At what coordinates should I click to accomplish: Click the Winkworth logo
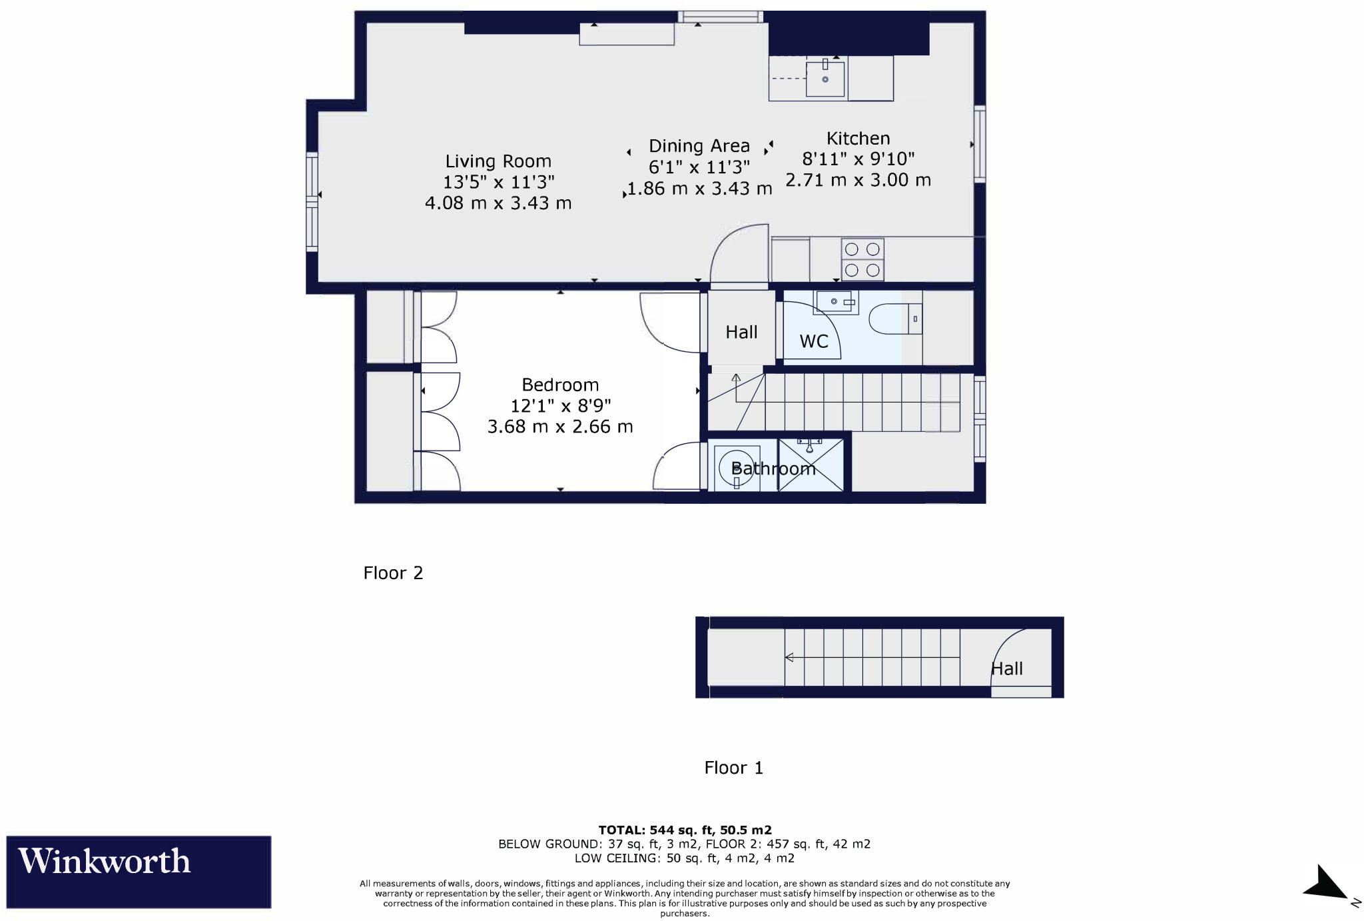pyautogui.click(x=138, y=872)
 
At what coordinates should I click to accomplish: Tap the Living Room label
pyautogui.click(x=498, y=161)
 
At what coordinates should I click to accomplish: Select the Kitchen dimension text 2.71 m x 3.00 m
pyautogui.click(x=858, y=180)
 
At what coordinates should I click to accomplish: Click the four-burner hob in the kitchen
pyautogui.click(x=862, y=259)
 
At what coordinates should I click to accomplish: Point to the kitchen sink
pyautogui.click(x=825, y=79)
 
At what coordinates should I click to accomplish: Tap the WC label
pyautogui.click(x=814, y=341)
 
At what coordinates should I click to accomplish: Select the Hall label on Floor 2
pyautogui.click(x=741, y=332)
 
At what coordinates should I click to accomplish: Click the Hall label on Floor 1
pyautogui.click(x=1006, y=668)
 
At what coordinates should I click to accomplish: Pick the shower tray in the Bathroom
pyautogui.click(x=811, y=465)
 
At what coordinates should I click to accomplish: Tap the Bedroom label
pyautogui.click(x=560, y=385)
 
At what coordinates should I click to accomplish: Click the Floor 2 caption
pyautogui.click(x=393, y=573)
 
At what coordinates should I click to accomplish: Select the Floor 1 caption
pyautogui.click(x=733, y=768)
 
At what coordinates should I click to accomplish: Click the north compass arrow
pyautogui.click(x=1327, y=885)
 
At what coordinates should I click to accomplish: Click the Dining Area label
pyautogui.click(x=699, y=146)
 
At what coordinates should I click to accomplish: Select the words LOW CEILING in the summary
pyautogui.click(x=615, y=858)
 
